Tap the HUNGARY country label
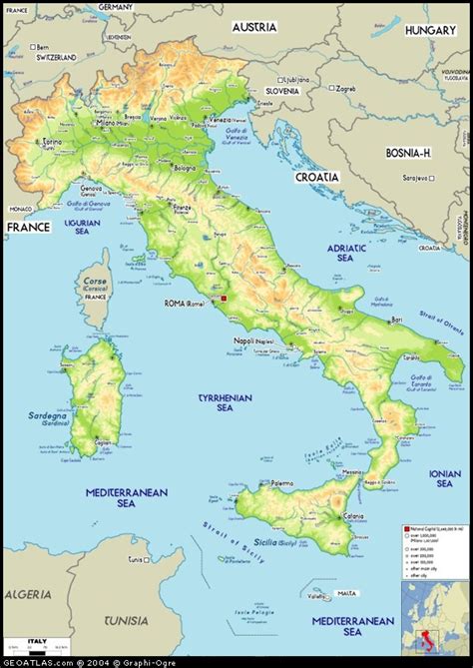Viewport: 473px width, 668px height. point(430,31)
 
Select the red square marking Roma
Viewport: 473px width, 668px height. point(226,299)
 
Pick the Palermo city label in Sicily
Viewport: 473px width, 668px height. point(281,482)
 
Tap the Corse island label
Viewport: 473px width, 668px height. point(95,283)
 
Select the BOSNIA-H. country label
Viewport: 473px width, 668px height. point(407,153)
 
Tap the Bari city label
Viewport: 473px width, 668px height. point(396,320)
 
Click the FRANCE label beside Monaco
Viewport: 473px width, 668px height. point(28,228)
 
